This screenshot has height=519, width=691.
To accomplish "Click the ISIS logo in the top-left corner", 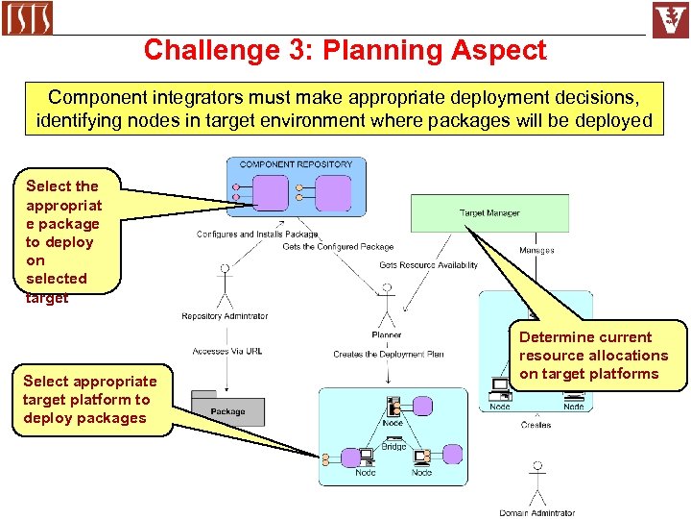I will [27, 18].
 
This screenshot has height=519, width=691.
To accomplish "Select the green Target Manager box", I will [489, 212].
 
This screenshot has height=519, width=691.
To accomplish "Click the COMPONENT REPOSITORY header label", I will [296, 164].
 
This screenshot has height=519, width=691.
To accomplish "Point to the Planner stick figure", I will [387, 306].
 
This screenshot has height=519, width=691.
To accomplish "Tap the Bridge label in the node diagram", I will [393, 446].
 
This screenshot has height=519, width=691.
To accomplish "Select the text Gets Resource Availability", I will [428, 264].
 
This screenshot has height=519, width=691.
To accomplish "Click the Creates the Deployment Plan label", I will [388, 354].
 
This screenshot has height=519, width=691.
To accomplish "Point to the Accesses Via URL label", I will [226, 351].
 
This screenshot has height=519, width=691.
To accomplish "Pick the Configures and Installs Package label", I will [256, 234].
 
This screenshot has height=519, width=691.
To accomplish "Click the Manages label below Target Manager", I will [536, 251].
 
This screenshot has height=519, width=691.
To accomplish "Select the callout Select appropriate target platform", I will [89, 400].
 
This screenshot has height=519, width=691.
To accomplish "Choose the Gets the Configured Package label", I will [338, 247].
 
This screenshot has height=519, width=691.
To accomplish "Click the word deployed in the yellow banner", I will [616, 121].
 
